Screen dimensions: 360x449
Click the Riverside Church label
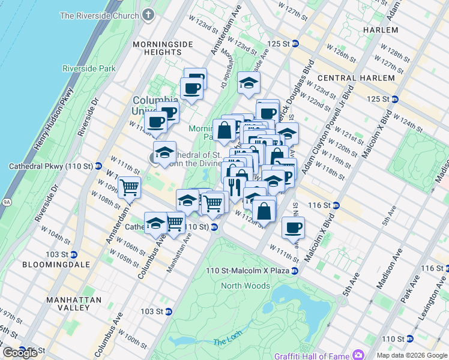point(99,16)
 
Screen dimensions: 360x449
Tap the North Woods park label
point(245,286)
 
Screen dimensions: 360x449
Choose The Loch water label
point(226,342)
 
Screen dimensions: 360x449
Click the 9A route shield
point(7,202)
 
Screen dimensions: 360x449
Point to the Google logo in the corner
point(20,353)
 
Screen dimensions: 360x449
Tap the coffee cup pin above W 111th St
point(293,227)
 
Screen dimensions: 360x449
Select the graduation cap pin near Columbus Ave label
point(155,223)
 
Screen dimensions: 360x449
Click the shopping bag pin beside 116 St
point(264,211)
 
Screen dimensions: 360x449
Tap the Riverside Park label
point(92,68)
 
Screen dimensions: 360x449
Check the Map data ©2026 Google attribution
point(411,355)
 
